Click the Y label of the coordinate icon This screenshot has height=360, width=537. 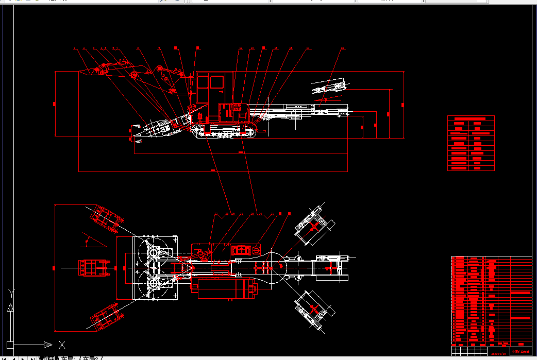click(x=11, y=294)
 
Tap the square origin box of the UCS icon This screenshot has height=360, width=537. click(x=10, y=345)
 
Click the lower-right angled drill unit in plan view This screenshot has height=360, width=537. click(x=311, y=310)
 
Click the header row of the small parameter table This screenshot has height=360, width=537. click(x=471, y=118)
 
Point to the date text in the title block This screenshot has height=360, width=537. click(x=499, y=353)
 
